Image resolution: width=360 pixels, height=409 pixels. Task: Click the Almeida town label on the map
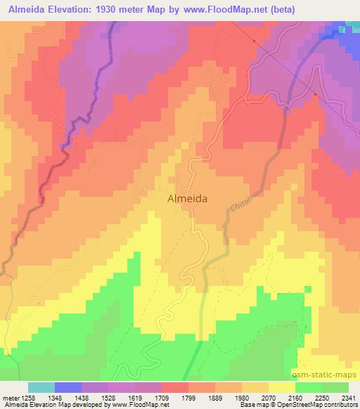(188, 199)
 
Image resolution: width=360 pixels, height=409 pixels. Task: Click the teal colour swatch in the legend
(41, 387)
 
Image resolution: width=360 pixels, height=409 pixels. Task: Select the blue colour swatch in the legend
(68, 387)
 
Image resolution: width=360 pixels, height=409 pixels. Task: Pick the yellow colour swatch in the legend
(282, 387)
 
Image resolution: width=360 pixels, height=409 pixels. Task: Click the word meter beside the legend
(9, 398)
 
